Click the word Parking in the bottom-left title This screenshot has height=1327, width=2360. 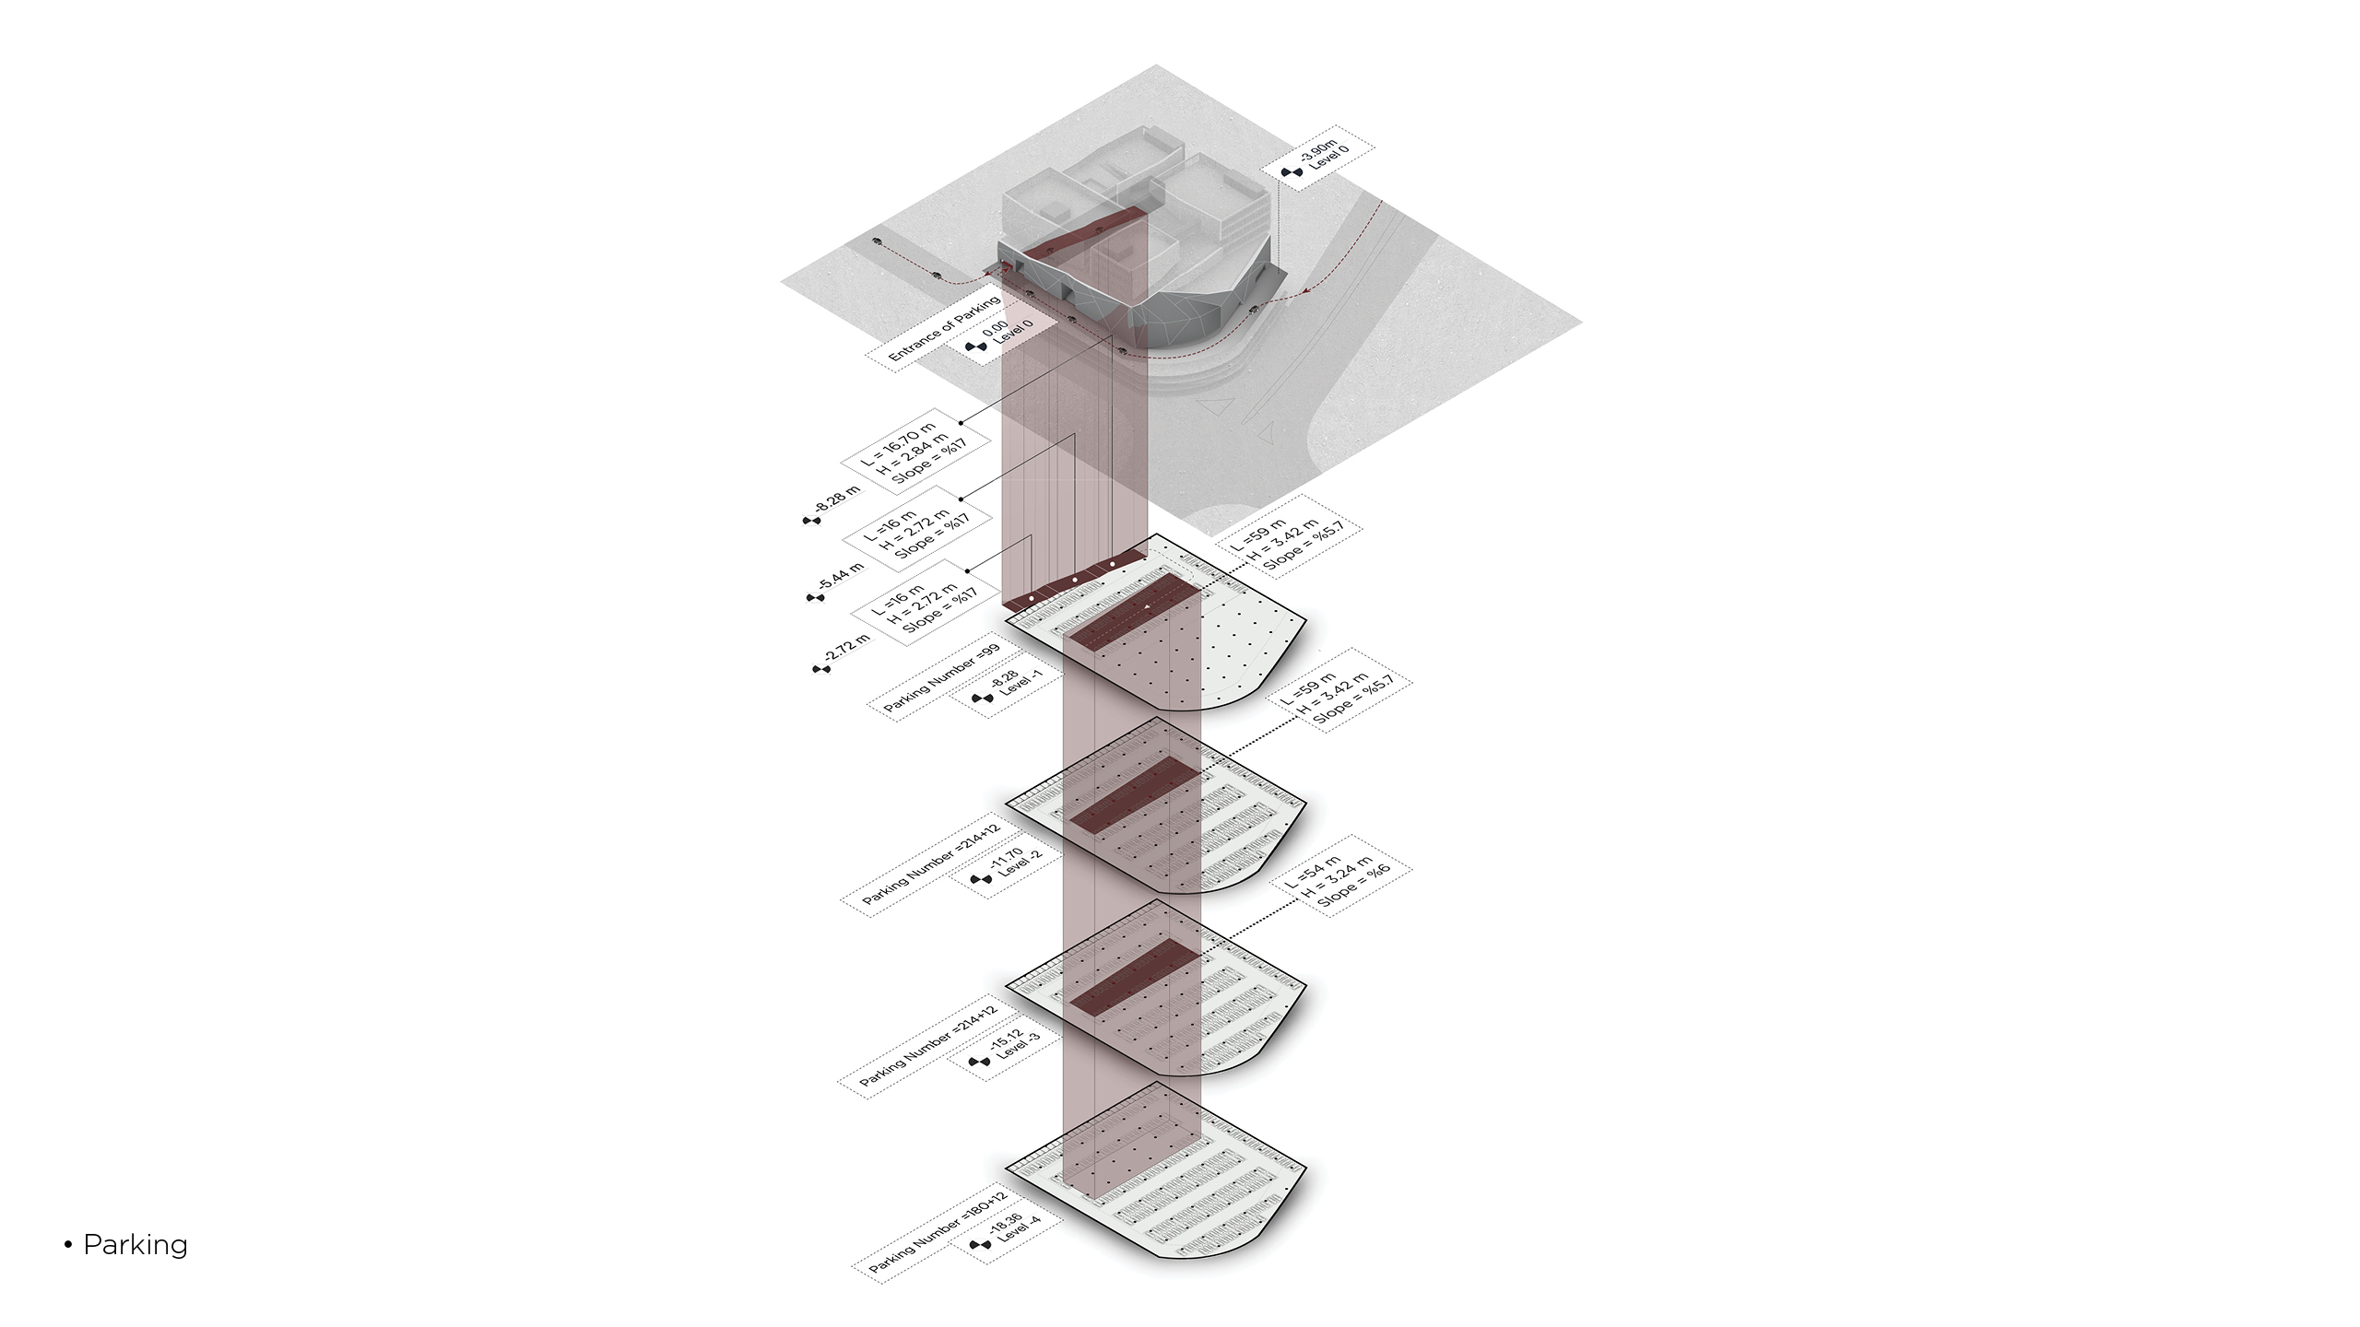(x=136, y=1245)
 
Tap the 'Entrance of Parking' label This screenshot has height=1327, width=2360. (x=944, y=328)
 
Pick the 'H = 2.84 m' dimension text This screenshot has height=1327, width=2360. (x=913, y=455)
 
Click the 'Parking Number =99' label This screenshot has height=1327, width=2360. (x=941, y=679)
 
